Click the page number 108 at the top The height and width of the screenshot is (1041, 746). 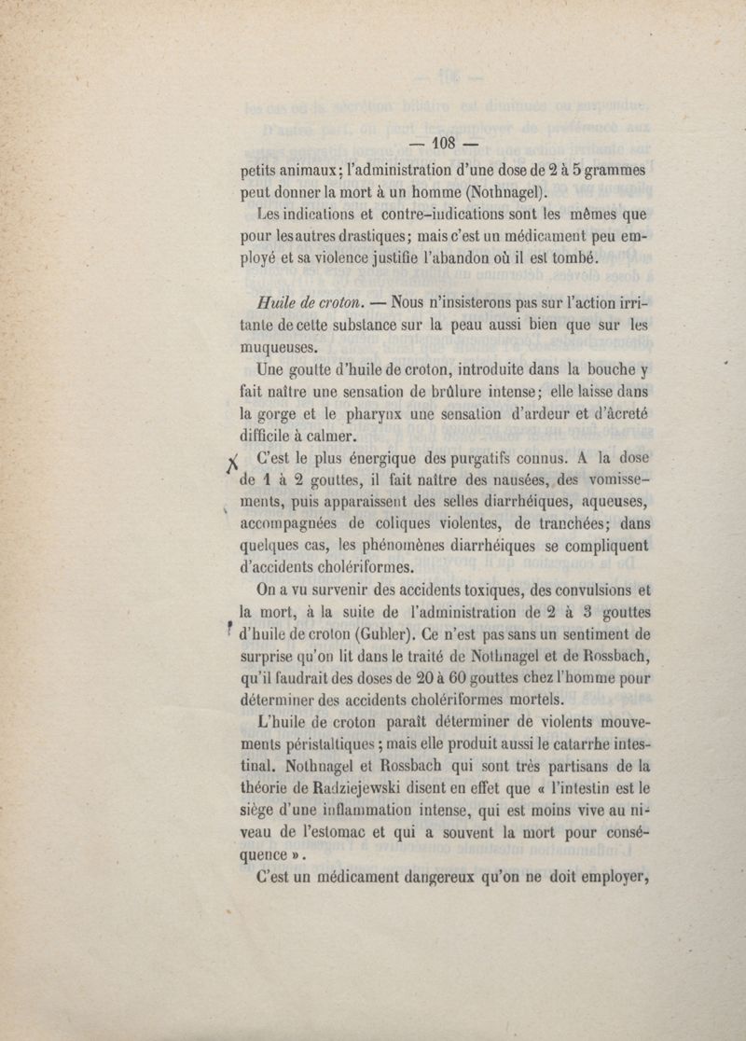443,144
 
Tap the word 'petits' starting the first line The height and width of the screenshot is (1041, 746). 258,172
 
